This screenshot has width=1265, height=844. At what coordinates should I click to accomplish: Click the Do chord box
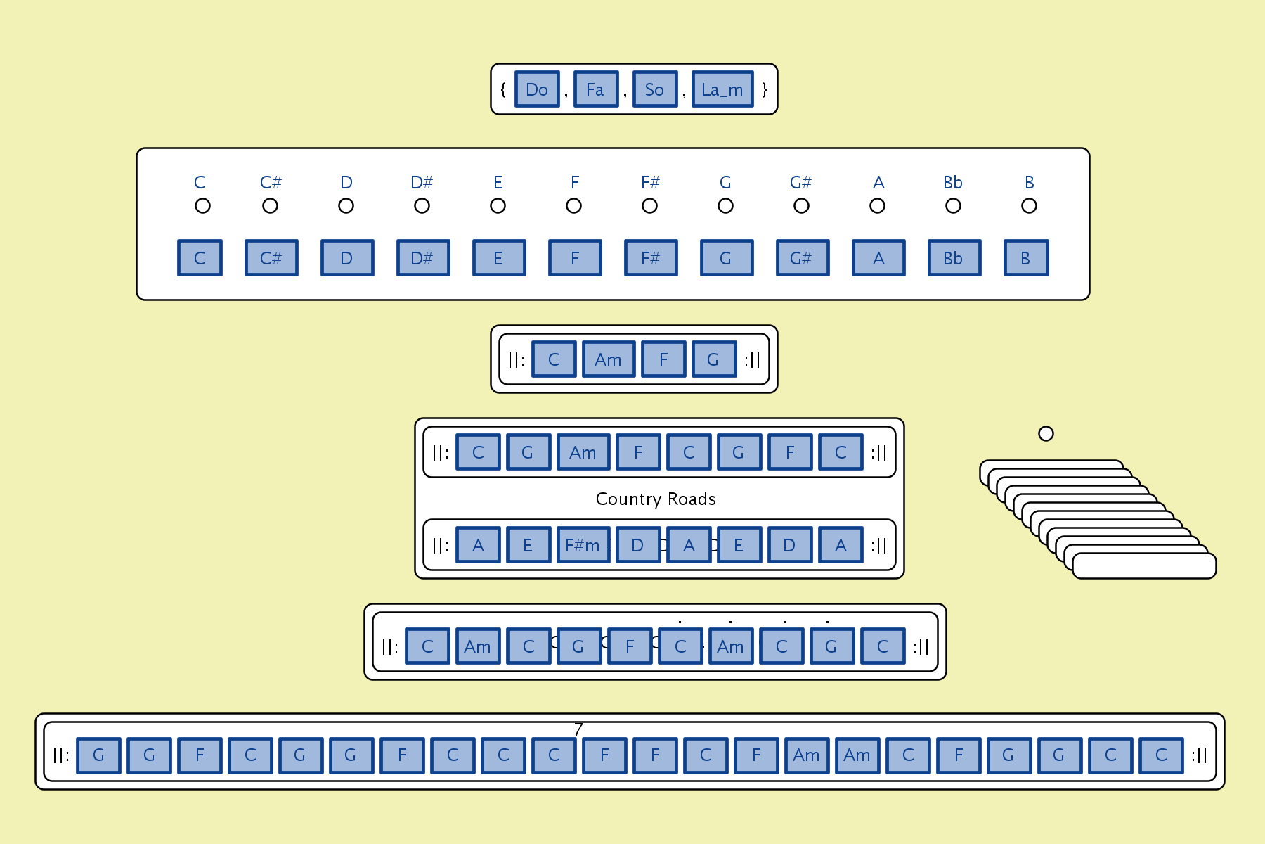pyautogui.click(x=537, y=89)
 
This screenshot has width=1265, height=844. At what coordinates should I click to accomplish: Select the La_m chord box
pyautogui.click(x=722, y=89)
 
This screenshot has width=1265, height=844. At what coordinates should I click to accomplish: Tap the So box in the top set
pyautogui.click(x=655, y=89)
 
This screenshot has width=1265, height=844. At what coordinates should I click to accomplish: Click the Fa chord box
pyautogui.click(x=596, y=89)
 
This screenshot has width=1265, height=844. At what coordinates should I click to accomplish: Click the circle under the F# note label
pyautogui.click(x=649, y=206)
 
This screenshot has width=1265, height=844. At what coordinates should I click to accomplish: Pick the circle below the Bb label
pyautogui.click(x=953, y=206)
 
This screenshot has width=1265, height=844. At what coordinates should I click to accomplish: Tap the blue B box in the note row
pyautogui.click(x=1026, y=258)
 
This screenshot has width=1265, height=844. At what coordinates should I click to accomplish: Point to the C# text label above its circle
pyautogui.click(x=271, y=183)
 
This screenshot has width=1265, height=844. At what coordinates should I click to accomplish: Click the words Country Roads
pyautogui.click(x=656, y=499)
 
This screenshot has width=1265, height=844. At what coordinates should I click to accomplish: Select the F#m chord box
pyautogui.click(x=583, y=545)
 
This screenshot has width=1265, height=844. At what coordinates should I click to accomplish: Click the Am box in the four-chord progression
pyautogui.click(x=609, y=359)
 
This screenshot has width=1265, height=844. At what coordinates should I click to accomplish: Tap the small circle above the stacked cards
pyautogui.click(x=1046, y=433)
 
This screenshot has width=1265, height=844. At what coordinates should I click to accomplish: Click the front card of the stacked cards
pyautogui.click(x=1144, y=566)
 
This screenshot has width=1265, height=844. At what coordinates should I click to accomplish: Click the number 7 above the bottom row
pyautogui.click(x=578, y=729)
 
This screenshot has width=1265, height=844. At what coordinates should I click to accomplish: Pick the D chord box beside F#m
pyautogui.click(x=638, y=545)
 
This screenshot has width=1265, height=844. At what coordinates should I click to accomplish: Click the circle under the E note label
pyautogui.click(x=498, y=206)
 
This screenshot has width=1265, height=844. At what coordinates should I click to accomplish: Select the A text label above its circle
pyautogui.click(x=878, y=183)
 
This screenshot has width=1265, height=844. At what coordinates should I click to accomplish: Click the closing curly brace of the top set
pyautogui.click(x=765, y=89)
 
